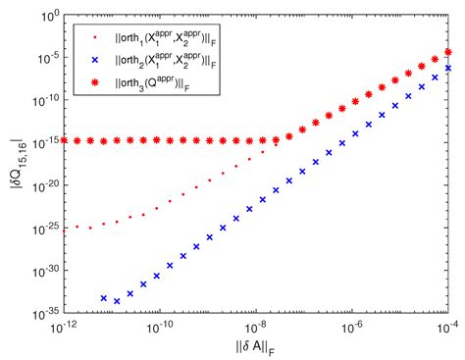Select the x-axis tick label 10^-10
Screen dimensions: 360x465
(161, 324)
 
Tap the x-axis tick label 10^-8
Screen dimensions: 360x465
(258, 324)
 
